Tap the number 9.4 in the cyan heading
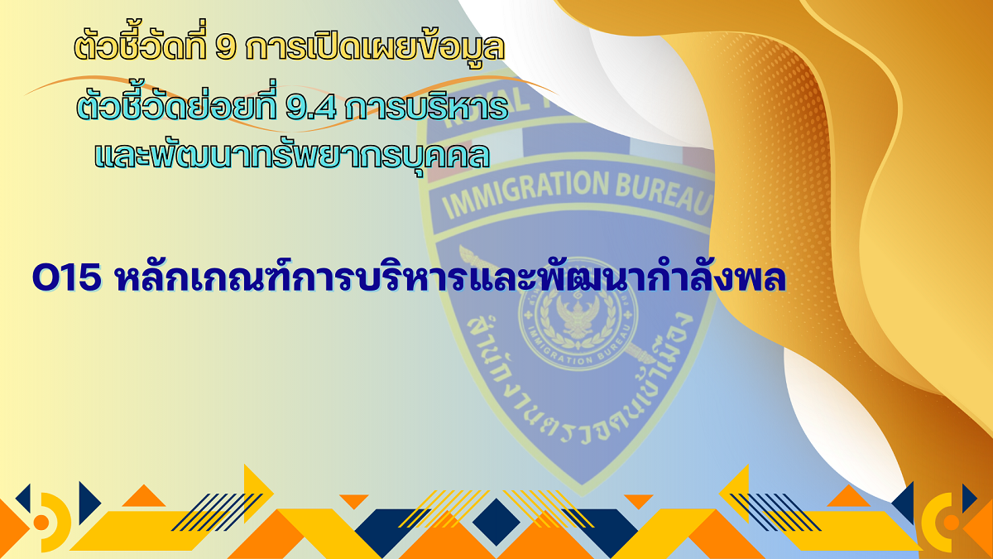[311, 108]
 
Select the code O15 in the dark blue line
[66, 277]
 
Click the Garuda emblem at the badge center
[578, 319]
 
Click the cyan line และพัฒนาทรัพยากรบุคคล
[293, 155]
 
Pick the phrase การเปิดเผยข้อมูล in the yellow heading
[375, 46]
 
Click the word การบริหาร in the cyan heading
[426, 107]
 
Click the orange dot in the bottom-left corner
[41, 523]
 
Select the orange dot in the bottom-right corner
[952, 523]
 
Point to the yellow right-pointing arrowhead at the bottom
[258, 492]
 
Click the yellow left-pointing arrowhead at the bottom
[734, 492]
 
